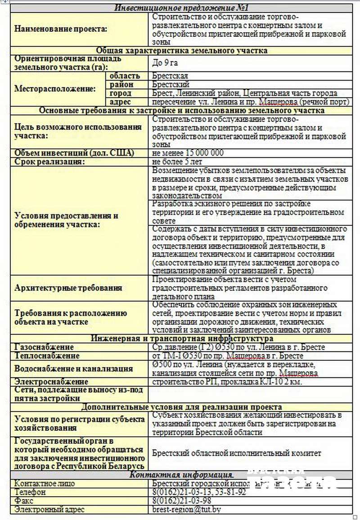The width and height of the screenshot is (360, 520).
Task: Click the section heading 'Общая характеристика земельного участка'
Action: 181,50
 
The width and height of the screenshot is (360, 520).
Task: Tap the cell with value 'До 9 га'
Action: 166,63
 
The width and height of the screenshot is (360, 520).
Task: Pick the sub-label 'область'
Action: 125,76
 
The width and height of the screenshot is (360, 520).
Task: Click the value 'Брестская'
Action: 170,76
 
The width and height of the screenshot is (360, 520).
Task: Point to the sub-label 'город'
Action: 121,93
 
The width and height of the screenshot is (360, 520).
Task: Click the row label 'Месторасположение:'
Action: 55,89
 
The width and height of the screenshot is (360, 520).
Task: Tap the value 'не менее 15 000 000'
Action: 188,153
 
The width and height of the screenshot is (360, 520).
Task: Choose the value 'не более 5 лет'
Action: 177,161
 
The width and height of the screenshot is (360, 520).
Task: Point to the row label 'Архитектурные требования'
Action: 68,288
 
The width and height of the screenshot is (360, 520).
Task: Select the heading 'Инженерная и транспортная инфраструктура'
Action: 181,338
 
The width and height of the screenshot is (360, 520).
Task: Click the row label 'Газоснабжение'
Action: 44,347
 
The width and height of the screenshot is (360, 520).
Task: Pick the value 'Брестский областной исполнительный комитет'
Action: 237,453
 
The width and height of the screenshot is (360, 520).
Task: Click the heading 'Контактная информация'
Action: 181,475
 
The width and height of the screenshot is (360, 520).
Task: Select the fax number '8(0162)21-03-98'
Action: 182,501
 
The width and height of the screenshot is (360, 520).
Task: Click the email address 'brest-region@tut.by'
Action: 186,510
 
